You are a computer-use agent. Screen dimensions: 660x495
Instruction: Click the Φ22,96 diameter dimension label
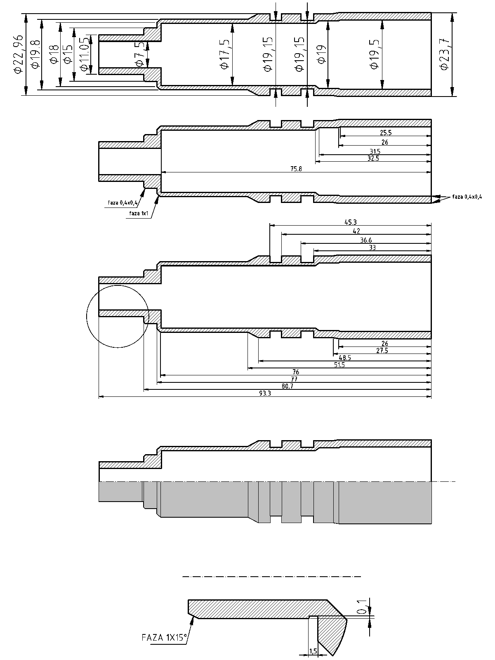pos(18,54)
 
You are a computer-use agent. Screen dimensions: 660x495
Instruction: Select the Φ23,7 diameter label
pos(444,54)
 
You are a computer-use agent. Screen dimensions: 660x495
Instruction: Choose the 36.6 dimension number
pos(366,240)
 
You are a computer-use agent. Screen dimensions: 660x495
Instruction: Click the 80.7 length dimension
pos(287,386)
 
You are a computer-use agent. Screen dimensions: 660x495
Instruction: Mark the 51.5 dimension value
pos(339,365)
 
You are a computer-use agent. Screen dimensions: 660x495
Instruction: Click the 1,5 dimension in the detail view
pos(313,651)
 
